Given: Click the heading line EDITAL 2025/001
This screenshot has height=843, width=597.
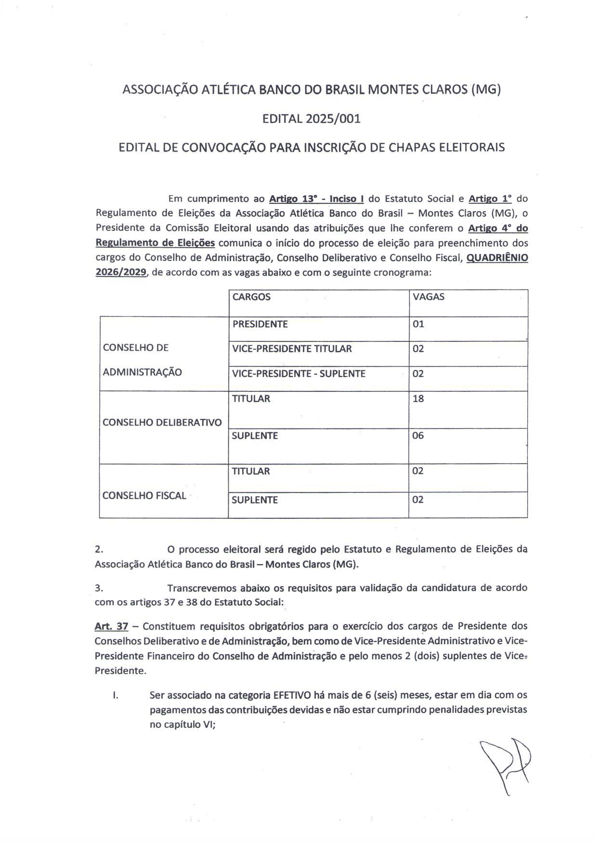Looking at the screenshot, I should click(311, 119).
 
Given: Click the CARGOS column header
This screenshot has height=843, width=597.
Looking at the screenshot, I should click(251, 297).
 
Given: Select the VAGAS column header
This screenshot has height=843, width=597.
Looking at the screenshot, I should click(428, 297).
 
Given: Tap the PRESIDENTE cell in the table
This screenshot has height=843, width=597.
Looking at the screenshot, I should click(260, 324).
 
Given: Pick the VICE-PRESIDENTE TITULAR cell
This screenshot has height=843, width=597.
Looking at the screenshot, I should click(292, 349).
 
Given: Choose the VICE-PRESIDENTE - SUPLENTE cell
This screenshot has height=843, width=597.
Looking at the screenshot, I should click(298, 374).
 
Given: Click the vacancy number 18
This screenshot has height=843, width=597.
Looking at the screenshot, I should click(418, 399).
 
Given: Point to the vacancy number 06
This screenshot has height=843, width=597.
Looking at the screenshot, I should click(418, 436).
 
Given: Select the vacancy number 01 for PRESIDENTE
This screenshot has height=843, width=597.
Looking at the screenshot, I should click(418, 324).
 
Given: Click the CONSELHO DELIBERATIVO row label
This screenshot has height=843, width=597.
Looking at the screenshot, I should click(162, 423).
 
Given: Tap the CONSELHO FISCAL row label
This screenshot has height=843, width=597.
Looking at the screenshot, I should click(144, 496).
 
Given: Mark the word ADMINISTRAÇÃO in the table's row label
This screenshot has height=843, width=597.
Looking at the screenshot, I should click(142, 372).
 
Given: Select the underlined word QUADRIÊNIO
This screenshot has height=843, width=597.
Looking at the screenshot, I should click(497, 257).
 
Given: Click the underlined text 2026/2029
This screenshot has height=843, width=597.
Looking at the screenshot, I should click(121, 272).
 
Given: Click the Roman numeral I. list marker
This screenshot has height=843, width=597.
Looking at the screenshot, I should click(115, 695).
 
